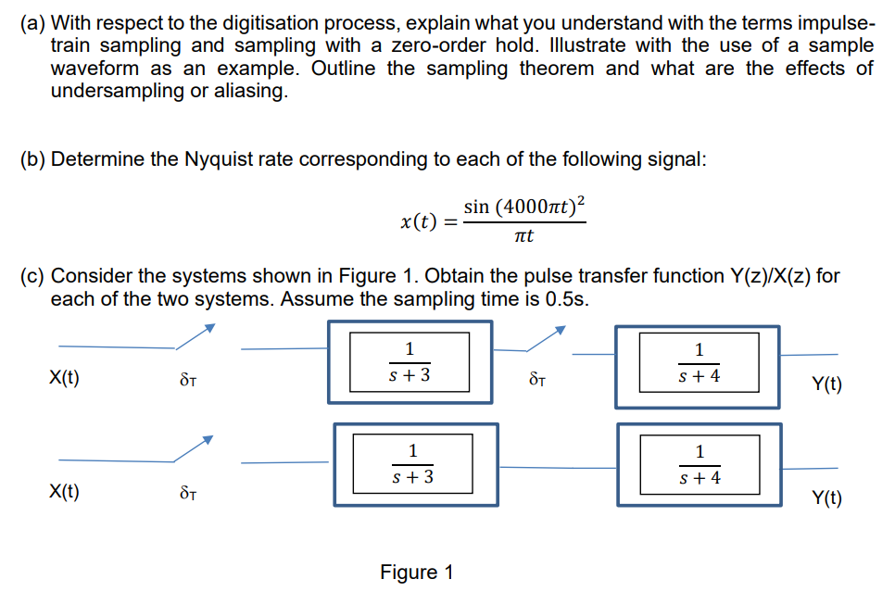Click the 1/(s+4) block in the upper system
(x=699, y=364)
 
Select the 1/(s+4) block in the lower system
(x=699, y=465)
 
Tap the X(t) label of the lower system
(x=64, y=492)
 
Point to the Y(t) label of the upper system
(x=826, y=384)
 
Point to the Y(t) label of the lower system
(x=826, y=499)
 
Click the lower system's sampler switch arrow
(x=195, y=448)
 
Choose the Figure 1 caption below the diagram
(x=417, y=572)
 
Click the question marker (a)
(x=32, y=21)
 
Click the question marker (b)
(x=33, y=159)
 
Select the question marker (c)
(x=32, y=276)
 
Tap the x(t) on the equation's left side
(x=418, y=221)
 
